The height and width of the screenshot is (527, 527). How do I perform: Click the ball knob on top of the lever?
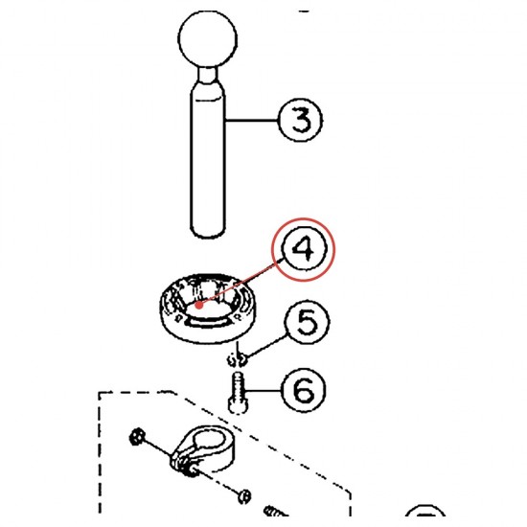(x=207, y=39)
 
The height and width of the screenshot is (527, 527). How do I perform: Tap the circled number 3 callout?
(x=301, y=120)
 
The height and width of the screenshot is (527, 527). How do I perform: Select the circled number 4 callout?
(x=304, y=249)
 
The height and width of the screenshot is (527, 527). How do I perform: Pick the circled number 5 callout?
(x=307, y=322)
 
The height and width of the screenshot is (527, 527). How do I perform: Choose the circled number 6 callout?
(x=304, y=391)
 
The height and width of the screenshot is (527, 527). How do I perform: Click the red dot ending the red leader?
(x=199, y=305)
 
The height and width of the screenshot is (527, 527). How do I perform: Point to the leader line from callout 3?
(x=252, y=120)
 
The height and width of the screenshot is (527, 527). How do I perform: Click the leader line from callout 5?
(x=265, y=346)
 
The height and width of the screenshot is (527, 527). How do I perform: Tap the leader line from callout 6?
(x=263, y=391)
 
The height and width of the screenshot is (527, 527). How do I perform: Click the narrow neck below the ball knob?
(x=207, y=75)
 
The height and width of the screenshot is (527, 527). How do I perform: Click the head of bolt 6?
(x=238, y=405)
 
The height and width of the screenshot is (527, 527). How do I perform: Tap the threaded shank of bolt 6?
(x=238, y=385)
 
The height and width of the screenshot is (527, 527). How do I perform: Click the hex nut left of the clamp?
(x=137, y=437)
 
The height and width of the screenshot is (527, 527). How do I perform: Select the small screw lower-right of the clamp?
(x=244, y=496)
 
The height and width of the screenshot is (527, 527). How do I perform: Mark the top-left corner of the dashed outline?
(x=99, y=393)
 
